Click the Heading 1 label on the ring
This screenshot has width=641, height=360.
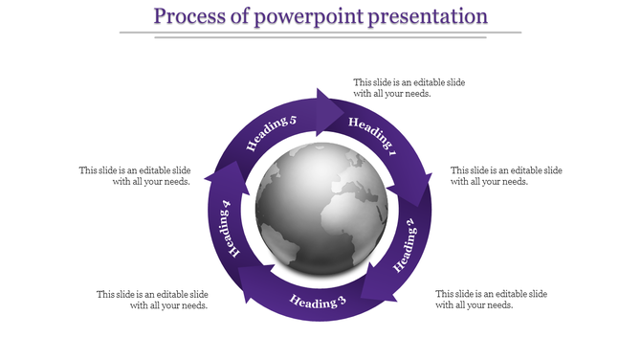pyautogui.click(x=372, y=136)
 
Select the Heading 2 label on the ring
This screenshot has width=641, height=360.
pyautogui.click(x=406, y=245)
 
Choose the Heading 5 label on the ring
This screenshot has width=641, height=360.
pyautogui.click(x=272, y=134)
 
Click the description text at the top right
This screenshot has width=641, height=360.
pyautogui.click(x=409, y=88)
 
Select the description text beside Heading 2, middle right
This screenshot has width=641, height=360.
pyautogui.click(x=505, y=175)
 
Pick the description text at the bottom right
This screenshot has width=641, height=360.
pyautogui.click(x=490, y=299)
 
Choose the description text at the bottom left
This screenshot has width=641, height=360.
pyautogui.click(x=152, y=300)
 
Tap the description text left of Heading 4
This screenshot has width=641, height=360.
pyautogui.click(x=135, y=175)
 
